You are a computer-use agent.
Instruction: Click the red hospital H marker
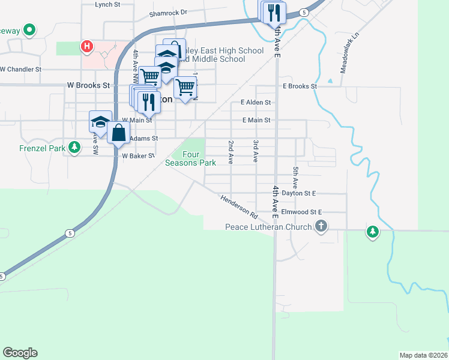coord(87,46)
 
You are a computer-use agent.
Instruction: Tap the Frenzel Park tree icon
coord(74,147)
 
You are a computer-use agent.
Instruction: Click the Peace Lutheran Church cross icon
coord(322,226)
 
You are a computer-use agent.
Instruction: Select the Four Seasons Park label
coord(190,158)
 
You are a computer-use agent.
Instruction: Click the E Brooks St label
coord(300,86)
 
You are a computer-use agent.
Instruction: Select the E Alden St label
coord(256,103)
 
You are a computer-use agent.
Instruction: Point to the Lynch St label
coord(107,4)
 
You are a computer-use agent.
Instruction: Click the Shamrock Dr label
coord(168,12)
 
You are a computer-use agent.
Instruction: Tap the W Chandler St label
coord(20,69)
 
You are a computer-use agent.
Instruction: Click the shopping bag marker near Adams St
coord(119,133)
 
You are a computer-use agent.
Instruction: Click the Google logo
coord(20,353)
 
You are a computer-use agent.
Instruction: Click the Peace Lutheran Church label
coord(268,227)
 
